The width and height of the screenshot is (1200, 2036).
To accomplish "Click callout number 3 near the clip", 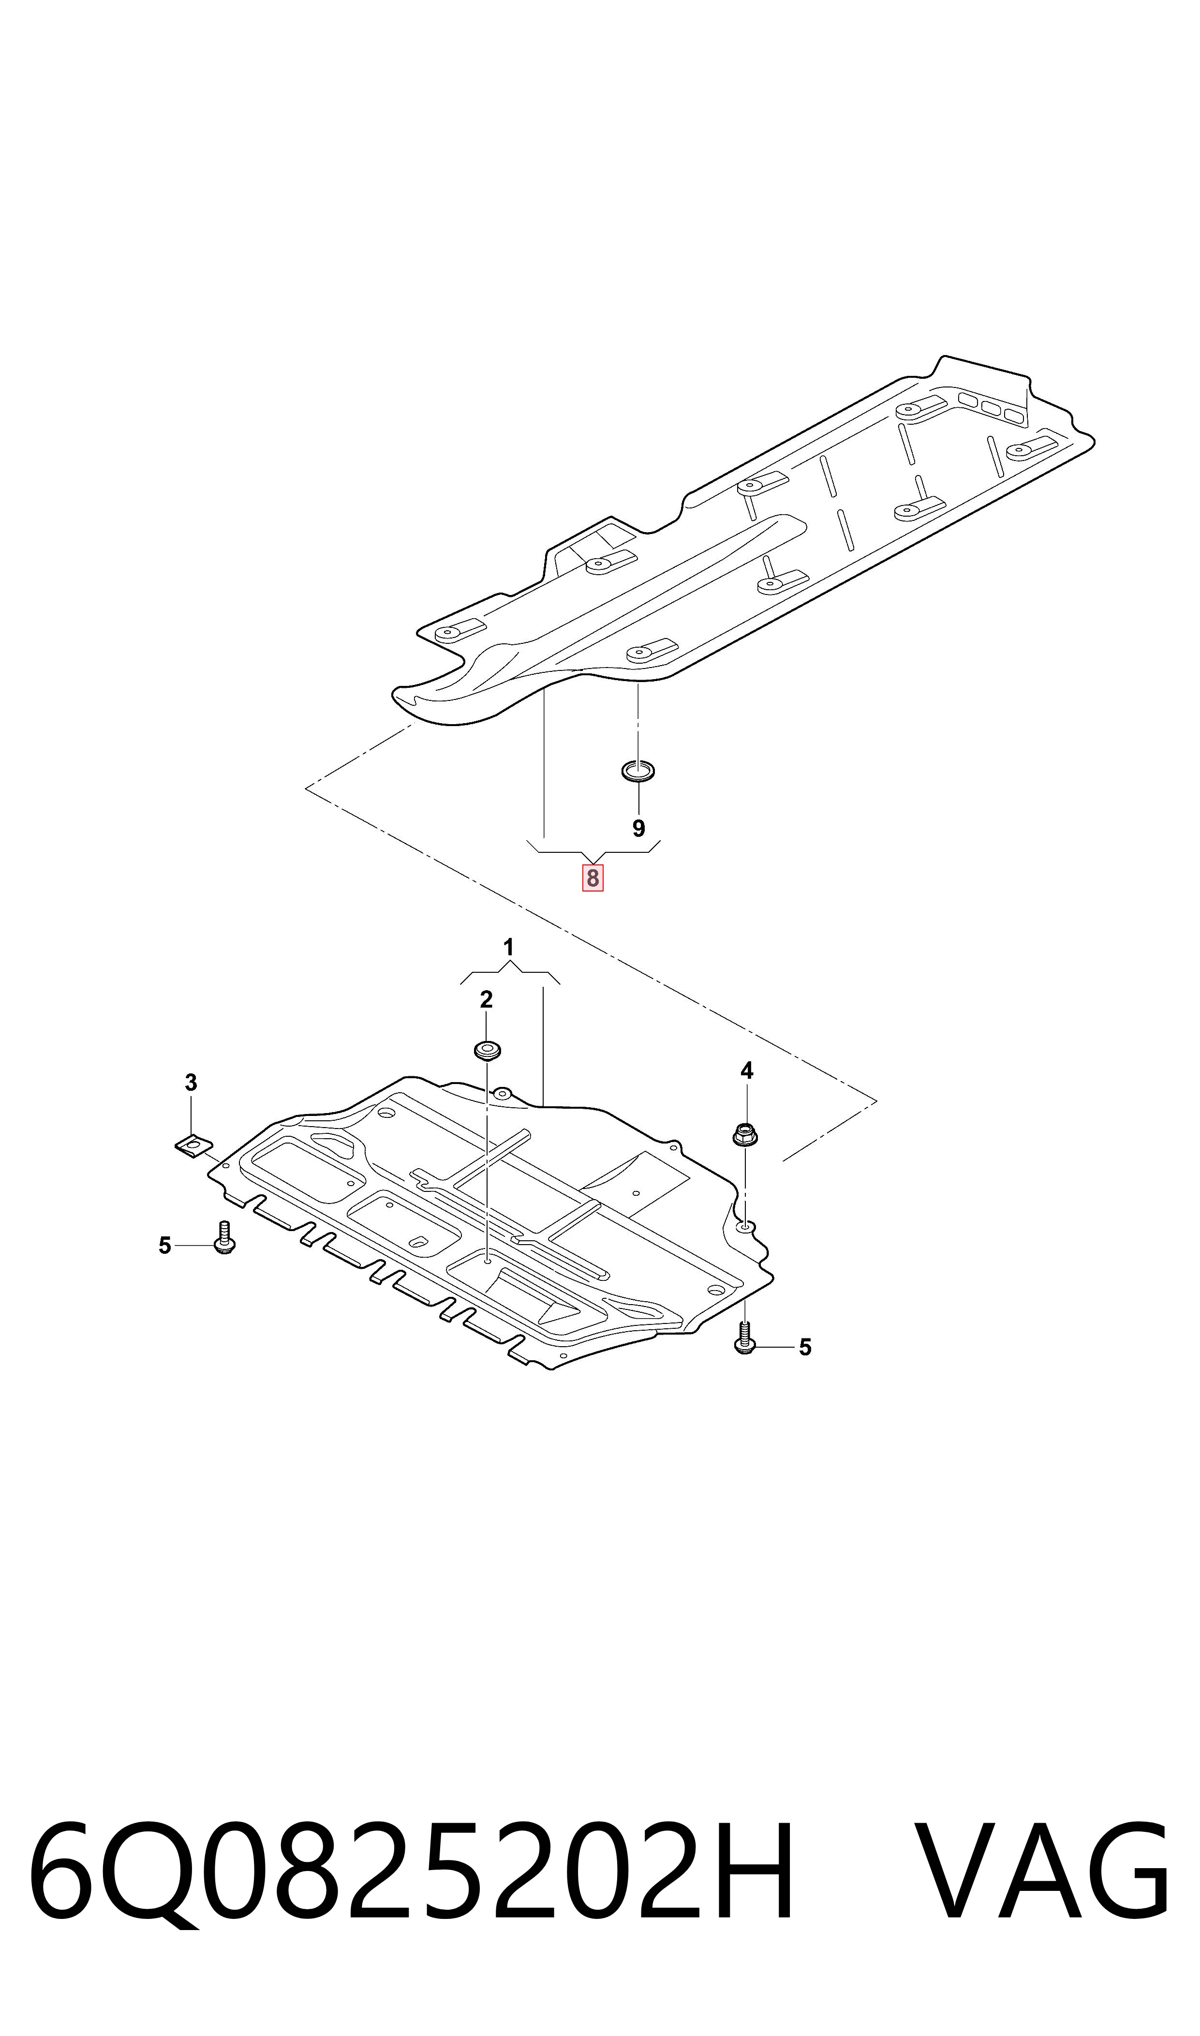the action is click(x=191, y=1082).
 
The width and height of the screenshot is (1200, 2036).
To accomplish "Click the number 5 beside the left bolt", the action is click(x=165, y=1246).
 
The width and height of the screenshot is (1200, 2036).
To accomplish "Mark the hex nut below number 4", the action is click(x=745, y=1134).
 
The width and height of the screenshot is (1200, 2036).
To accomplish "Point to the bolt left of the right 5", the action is click(x=745, y=1338).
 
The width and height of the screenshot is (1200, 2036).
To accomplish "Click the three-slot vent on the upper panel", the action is click(x=992, y=407).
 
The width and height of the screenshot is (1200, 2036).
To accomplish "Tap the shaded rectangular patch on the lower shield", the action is click(x=635, y=1185).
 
